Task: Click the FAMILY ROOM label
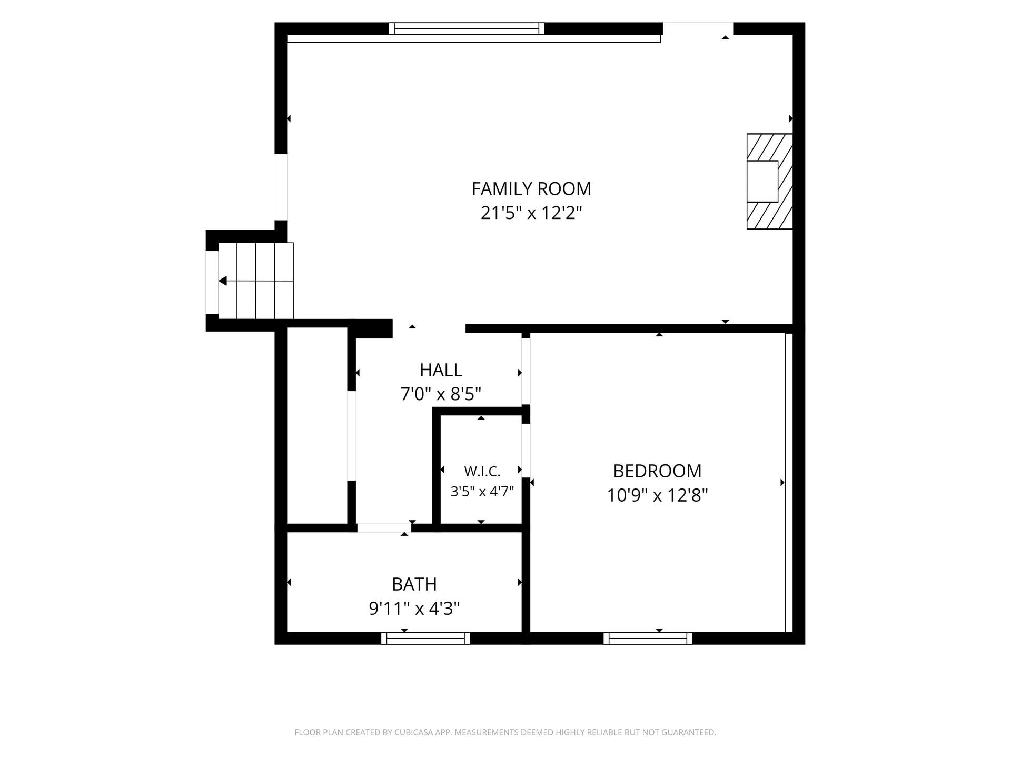tap(531, 188)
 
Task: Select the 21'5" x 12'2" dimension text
tap(531, 213)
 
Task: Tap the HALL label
tap(441, 370)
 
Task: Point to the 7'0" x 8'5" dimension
tap(441, 394)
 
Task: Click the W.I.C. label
tap(482, 471)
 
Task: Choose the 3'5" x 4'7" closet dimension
tap(482, 492)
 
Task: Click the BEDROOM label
tap(657, 471)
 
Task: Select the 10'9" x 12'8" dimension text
tap(657, 495)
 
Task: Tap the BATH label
tap(414, 584)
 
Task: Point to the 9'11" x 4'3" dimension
tap(414, 609)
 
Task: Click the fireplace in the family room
tap(769, 182)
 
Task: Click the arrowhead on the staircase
tap(223, 281)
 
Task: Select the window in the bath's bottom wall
tap(425, 638)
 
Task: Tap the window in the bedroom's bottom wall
tap(648, 638)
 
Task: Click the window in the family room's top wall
tap(467, 28)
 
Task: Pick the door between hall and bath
tap(384, 528)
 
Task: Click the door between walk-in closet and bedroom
tap(526, 451)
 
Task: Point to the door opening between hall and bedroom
tap(526, 371)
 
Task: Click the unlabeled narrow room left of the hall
tap(317, 425)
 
